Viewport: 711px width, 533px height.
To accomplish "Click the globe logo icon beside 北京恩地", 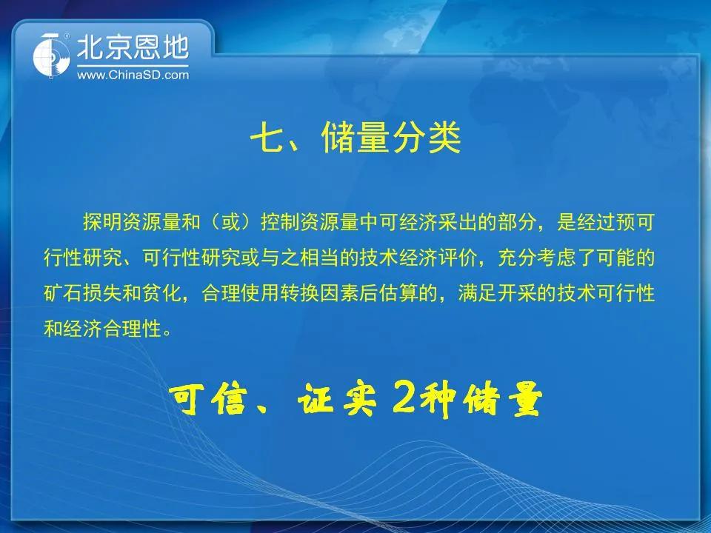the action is (x=51, y=56).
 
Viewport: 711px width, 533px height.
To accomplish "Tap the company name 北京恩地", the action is (x=133, y=47).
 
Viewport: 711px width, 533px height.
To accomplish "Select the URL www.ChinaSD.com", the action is (x=133, y=75).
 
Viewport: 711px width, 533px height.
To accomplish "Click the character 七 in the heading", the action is (x=265, y=138).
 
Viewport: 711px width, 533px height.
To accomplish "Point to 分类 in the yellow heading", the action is (x=427, y=138).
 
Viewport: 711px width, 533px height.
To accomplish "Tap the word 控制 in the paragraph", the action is (x=280, y=222).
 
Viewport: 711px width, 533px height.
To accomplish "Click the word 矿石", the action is (x=63, y=293).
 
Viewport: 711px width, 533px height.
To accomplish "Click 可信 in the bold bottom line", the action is (x=209, y=399).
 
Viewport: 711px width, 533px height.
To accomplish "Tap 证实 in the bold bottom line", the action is (x=337, y=399).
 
